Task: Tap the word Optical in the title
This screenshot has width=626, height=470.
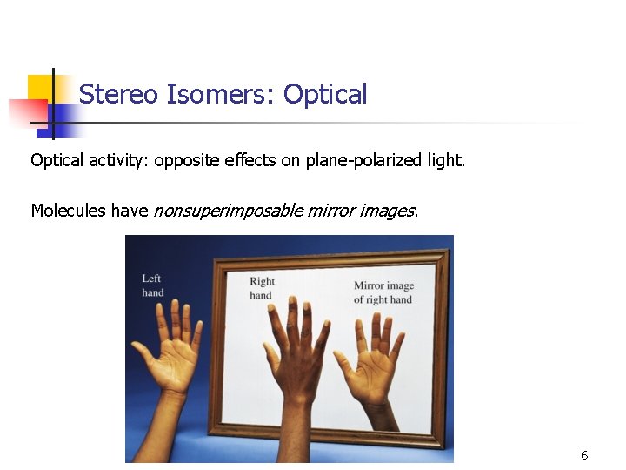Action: click(x=325, y=94)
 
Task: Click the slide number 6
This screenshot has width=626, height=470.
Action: click(x=584, y=455)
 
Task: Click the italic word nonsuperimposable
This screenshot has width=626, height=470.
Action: click(x=228, y=211)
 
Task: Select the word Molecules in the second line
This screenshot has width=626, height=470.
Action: click(x=69, y=211)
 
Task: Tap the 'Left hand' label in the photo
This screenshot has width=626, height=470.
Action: click(x=152, y=285)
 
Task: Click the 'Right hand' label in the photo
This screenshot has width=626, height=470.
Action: click(x=262, y=288)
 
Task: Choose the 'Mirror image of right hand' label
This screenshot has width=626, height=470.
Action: click(x=383, y=292)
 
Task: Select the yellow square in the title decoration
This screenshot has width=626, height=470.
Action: click(x=40, y=87)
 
